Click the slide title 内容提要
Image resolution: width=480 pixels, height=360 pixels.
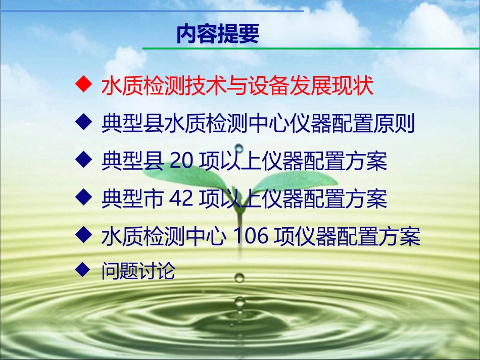pos(218,34)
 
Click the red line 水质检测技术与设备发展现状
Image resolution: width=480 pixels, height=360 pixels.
pos(237,87)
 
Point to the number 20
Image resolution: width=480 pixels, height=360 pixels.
pos(182,162)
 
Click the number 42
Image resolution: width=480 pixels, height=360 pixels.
pos(182,199)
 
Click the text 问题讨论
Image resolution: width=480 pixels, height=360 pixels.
pos(138,272)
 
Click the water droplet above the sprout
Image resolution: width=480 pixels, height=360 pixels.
pos(239,148)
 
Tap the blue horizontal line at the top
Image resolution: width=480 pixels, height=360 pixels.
pos(152,10)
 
